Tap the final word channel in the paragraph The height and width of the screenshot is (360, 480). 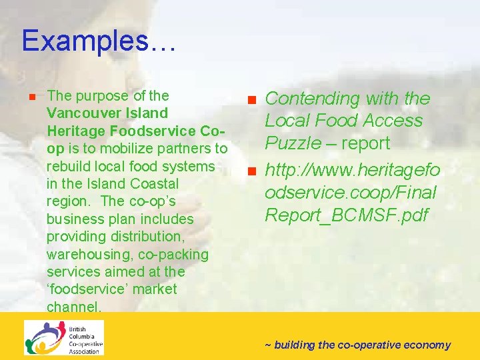pos(73,307)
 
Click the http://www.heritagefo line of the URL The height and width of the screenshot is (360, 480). pos(352,171)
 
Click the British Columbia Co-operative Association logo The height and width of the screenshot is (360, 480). pos(64,338)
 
